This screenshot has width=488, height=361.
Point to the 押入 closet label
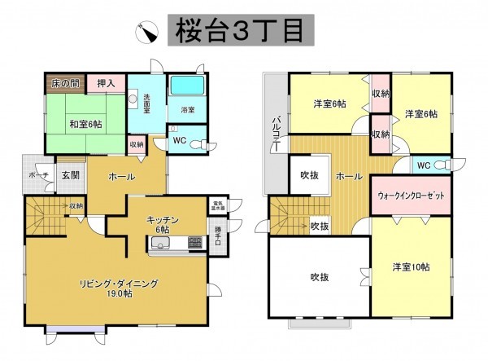[106, 82]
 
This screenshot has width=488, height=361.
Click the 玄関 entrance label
[68, 175]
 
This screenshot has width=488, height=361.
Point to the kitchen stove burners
[197, 242]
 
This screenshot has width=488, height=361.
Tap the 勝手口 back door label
[218, 240]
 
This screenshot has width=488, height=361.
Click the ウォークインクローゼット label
[412, 197]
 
